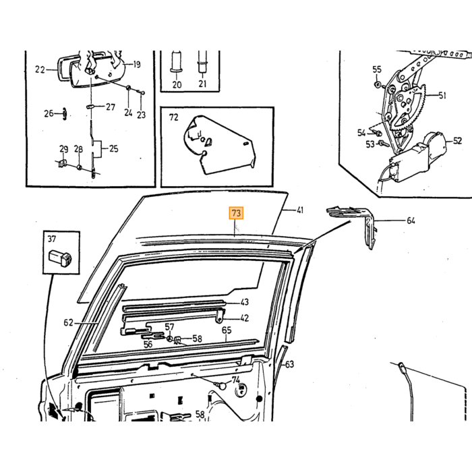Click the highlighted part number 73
point(236,213)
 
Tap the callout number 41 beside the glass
point(300,210)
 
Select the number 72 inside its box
point(174,117)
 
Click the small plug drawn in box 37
point(60,258)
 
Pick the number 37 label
point(52,239)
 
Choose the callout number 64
point(411,220)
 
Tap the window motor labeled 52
point(417,158)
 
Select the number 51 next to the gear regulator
point(442,96)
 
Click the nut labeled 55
point(378,84)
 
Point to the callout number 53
point(370,144)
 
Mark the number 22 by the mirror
point(40,70)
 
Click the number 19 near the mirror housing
point(137,65)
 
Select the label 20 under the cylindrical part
point(177,85)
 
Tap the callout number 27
point(111,107)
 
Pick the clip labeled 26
point(65,113)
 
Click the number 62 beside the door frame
point(68,323)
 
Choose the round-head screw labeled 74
point(222,386)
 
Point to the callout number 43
point(245,302)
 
